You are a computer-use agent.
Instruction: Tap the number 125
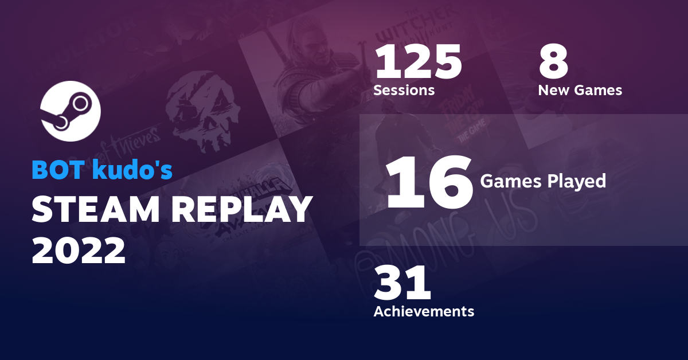coord(417,62)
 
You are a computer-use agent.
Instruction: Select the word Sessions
coord(404,90)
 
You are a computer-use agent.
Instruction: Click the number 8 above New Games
coord(553,62)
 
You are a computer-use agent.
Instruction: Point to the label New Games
coord(580,90)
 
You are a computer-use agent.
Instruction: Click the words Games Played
coord(542,181)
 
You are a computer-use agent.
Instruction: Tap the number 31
coord(402,284)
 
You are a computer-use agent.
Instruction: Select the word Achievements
coord(424,311)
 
